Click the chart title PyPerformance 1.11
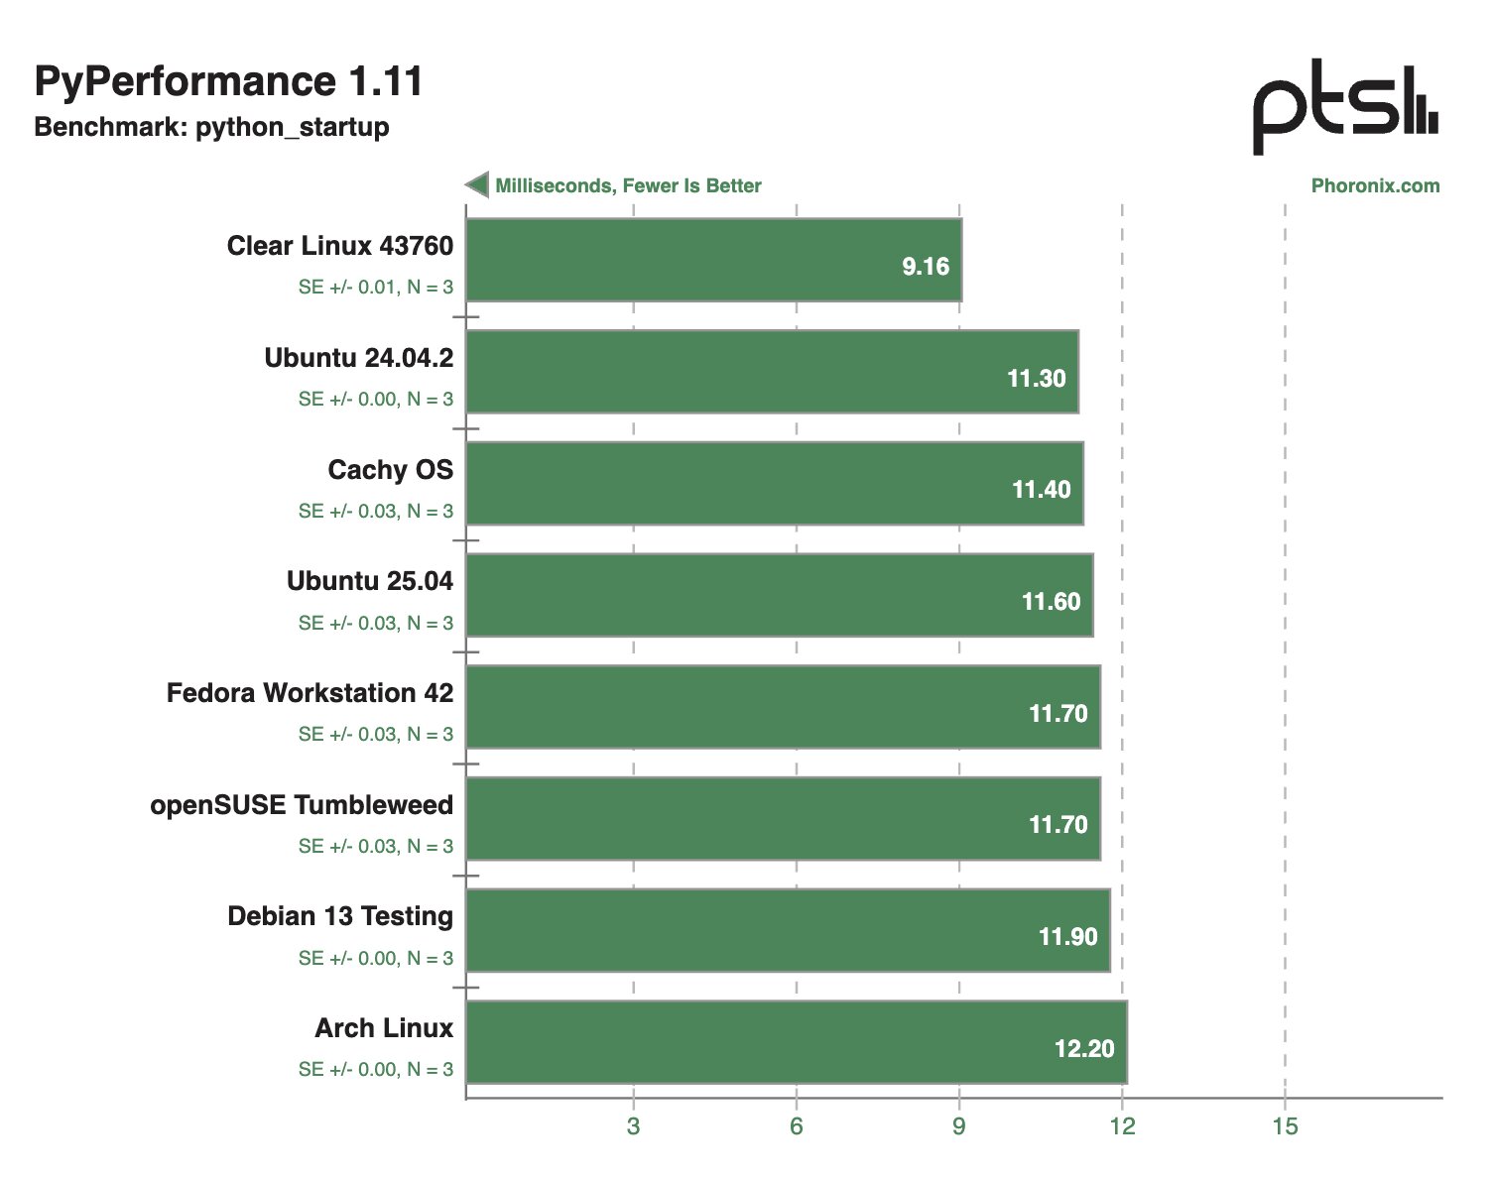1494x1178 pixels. tap(228, 81)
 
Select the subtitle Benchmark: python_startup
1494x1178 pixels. tap(211, 127)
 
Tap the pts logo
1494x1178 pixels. tap(1344, 106)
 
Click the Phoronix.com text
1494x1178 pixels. tap(1375, 185)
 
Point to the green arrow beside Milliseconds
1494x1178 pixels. tap(477, 184)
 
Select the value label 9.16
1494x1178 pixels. tap(926, 267)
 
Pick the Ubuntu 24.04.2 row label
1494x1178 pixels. tap(358, 358)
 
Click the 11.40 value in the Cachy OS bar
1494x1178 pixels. tap(1041, 490)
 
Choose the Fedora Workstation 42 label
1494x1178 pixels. tap(310, 693)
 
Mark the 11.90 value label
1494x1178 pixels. tap(1067, 937)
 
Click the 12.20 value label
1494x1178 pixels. tap(1084, 1049)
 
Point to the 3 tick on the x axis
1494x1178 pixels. tap(633, 1126)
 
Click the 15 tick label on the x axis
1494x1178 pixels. tap(1285, 1126)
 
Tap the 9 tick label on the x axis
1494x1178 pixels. tap(958, 1126)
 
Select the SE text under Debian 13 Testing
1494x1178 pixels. tap(375, 958)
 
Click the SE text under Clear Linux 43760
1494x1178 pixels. tap(375, 288)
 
